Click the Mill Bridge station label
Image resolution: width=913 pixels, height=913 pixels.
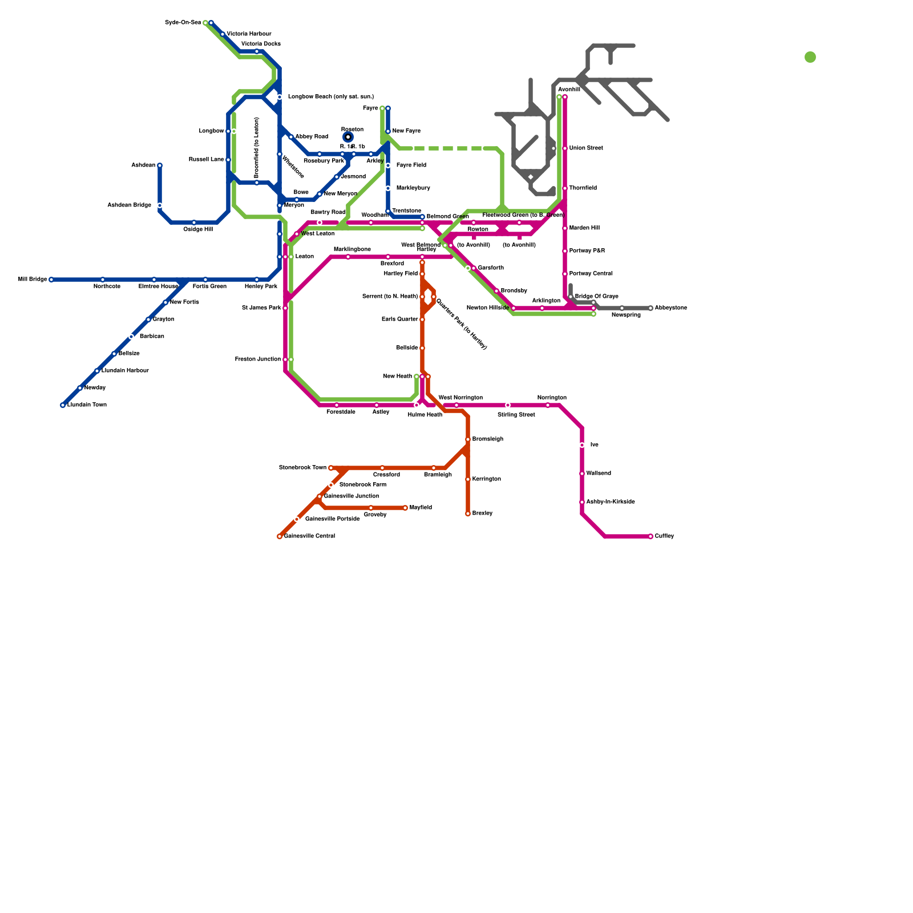(x=33, y=280)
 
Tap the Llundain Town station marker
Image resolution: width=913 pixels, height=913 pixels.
(x=63, y=405)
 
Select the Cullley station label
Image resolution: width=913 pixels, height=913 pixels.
(x=664, y=536)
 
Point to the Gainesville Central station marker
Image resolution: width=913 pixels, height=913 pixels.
(x=280, y=536)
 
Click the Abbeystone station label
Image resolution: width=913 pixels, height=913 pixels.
(x=670, y=308)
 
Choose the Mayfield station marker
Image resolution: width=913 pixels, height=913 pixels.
(x=405, y=508)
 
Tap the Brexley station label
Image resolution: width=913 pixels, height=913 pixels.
(x=482, y=514)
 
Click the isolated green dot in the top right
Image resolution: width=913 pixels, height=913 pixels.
(x=810, y=57)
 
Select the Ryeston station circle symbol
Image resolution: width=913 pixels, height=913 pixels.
(x=348, y=137)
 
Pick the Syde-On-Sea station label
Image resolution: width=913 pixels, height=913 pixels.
(x=183, y=23)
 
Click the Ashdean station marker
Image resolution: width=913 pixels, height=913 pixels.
(x=160, y=165)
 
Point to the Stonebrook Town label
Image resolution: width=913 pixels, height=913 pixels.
(x=302, y=468)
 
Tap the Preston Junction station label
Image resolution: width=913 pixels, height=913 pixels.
(x=257, y=359)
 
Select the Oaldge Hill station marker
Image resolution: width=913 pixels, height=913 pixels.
(x=194, y=223)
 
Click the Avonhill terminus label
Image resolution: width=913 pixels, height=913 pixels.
(x=569, y=90)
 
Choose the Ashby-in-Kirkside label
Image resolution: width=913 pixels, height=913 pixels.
(x=611, y=502)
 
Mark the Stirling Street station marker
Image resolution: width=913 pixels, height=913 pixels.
(x=508, y=405)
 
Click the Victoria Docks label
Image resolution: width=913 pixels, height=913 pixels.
(x=261, y=44)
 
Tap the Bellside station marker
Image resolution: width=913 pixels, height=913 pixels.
(x=422, y=348)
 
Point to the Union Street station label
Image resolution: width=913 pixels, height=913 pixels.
(x=586, y=148)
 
